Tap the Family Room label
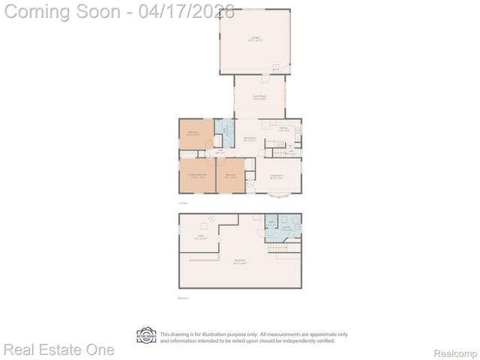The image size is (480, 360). (259, 97)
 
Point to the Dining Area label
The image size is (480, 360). (250, 139)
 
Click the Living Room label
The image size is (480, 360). (276, 177)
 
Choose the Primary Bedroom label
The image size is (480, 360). (197, 177)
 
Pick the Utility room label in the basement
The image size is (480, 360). (200, 238)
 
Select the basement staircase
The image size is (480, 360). (280, 247)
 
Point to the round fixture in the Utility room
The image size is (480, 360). (212, 218)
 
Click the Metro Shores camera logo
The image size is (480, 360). (146, 335)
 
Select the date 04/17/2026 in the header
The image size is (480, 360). (187, 12)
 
